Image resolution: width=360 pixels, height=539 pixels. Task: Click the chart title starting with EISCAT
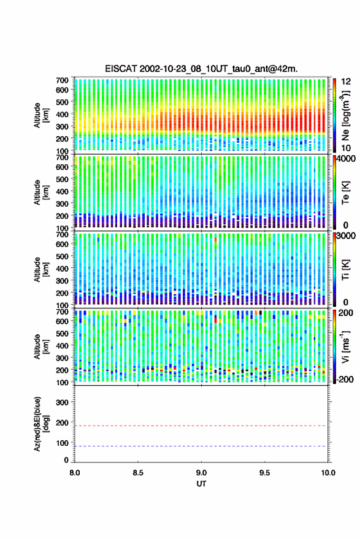click(201, 69)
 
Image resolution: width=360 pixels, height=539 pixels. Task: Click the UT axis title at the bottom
click(201, 484)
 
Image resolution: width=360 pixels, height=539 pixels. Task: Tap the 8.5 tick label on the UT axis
click(138, 473)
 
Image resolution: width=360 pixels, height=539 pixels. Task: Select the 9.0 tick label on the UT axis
click(201, 473)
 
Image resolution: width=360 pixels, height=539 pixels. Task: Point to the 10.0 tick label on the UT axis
click(328, 473)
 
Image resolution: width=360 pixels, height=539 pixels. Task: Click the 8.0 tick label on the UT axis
click(75, 473)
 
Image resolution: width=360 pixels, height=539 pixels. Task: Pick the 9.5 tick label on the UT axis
click(264, 473)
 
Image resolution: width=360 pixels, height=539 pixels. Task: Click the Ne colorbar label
click(345, 115)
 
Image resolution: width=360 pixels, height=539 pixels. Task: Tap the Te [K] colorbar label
click(345, 193)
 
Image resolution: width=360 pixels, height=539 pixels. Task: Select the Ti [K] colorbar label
click(345, 270)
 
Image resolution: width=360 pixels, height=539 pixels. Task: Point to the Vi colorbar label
click(345, 346)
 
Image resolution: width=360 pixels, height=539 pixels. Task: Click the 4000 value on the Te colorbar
click(346, 159)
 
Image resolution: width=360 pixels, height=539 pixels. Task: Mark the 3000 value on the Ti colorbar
click(346, 236)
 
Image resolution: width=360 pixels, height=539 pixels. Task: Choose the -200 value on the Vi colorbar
click(344, 380)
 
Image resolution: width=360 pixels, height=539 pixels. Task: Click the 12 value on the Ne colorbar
click(346, 82)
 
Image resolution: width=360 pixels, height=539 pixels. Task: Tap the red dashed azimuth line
click(200, 426)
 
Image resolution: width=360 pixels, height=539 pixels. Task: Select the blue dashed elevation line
click(200, 446)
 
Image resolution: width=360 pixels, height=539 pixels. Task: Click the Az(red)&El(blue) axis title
click(40, 424)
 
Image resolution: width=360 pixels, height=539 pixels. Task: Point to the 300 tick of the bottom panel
click(62, 402)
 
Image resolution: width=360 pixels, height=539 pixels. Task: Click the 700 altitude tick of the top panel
click(62, 80)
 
